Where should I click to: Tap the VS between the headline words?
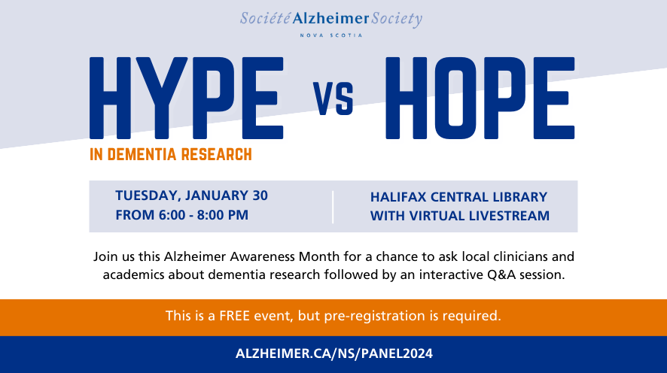tap(333, 101)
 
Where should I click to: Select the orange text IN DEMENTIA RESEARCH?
tap(170, 155)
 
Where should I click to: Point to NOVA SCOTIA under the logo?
tap(331, 35)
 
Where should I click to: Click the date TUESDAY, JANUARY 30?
tap(191, 196)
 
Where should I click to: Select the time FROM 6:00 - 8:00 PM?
tap(181, 215)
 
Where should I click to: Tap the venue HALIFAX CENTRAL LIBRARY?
tap(458, 197)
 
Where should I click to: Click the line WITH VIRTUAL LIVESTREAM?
tap(459, 216)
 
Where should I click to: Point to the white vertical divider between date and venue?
tap(333, 206)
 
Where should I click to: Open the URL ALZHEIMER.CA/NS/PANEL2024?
tap(333, 353)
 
